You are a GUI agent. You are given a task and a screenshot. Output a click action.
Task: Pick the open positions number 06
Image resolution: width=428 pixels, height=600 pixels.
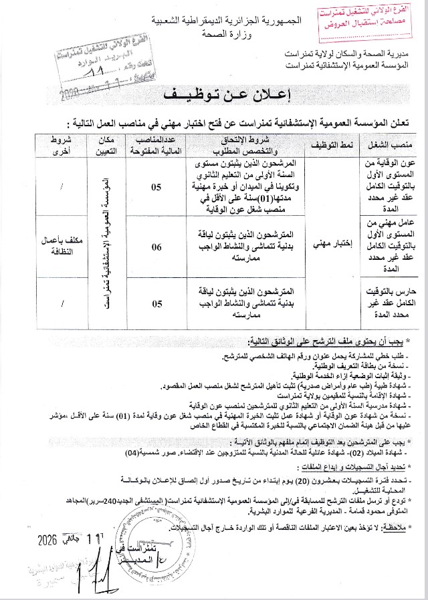click(x=156, y=247)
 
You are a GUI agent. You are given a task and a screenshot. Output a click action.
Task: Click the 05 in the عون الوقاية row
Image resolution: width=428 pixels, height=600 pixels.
click(x=156, y=186)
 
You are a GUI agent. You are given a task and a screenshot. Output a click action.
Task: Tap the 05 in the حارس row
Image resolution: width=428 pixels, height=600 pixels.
click(x=156, y=304)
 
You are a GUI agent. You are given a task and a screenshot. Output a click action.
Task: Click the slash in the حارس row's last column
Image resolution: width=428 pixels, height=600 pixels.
click(x=62, y=304)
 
